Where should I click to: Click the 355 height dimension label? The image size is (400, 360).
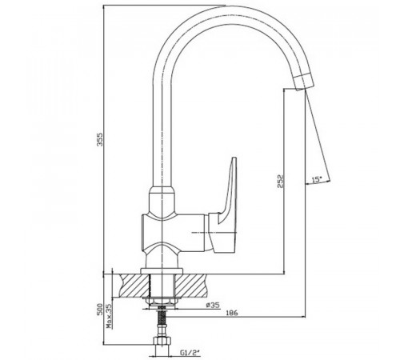click(x=100, y=139)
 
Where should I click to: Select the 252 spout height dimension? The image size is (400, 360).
click(x=280, y=182)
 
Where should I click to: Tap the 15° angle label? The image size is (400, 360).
click(x=317, y=179)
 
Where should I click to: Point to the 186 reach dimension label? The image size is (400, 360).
click(x=232, y=313)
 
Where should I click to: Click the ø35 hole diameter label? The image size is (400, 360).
click(x=213, y=305)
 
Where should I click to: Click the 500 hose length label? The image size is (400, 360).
click(x=100, y=309)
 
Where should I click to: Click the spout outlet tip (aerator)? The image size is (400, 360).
click(x=303, y=82)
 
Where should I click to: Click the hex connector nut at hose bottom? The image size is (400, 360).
click(x=162, y=341)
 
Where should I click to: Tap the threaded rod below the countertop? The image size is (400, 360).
click(x=162, y=318)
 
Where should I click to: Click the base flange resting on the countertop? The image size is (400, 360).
click(x=162, y=271)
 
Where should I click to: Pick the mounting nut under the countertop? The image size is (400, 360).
click(x=162, y=302)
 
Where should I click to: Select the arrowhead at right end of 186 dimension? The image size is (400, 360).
click(x=303, y=317)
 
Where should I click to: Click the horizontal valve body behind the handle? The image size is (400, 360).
click(x=174, y=233)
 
